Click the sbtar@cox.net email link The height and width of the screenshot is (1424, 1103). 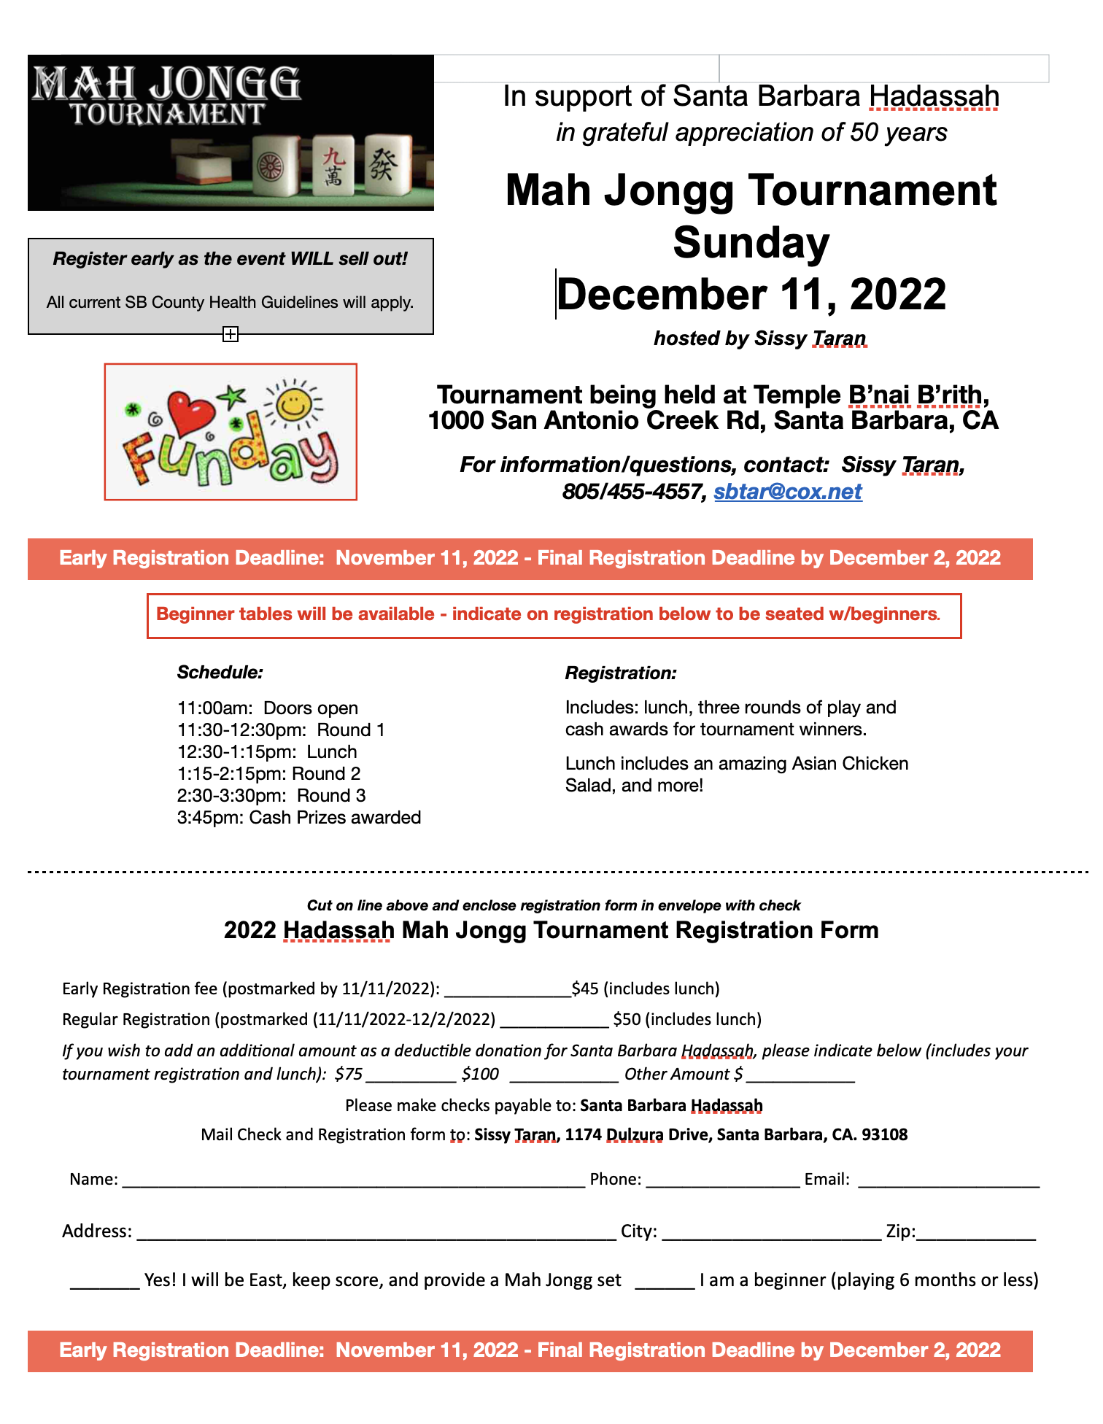click(x=787, y=492)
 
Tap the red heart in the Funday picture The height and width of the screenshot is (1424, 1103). click(x=191, y=413)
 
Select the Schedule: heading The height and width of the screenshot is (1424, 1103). click(x=220, y=672)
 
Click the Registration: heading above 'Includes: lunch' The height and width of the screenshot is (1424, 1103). click(x=621, y=673)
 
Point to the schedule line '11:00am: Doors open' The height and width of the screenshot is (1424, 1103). click(x=268, y=708)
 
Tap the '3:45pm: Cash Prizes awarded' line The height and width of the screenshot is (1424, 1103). click(x=299, y=817)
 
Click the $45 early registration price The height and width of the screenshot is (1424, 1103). click(x=585, y=988)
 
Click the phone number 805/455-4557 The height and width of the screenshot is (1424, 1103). click(x=634, y=492)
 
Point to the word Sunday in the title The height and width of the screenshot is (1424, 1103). click(x=751, y=242)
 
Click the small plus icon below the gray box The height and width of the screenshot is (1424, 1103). click(x=231, y=334)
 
